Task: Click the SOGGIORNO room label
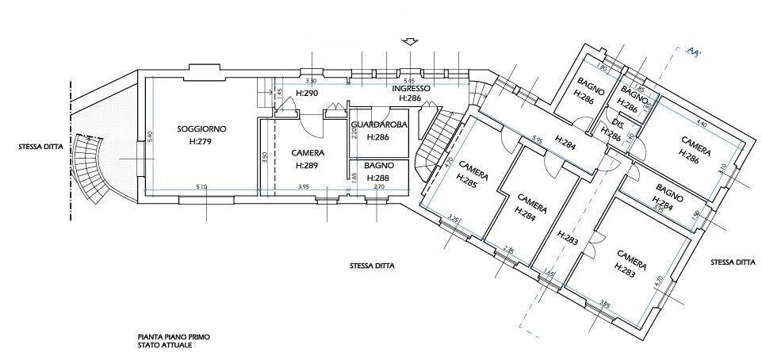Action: coord(201,128)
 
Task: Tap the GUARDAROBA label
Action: coord(379,125)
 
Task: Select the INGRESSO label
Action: coord(411,88)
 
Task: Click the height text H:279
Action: coord(201,142)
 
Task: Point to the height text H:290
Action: coord(307,94)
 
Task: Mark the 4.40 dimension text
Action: coord(700,124)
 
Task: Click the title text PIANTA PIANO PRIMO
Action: coord(168,337)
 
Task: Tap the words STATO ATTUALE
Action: coord(163,346)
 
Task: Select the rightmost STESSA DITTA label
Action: coord(733,262)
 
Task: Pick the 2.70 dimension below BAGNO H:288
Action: coord(378,187)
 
